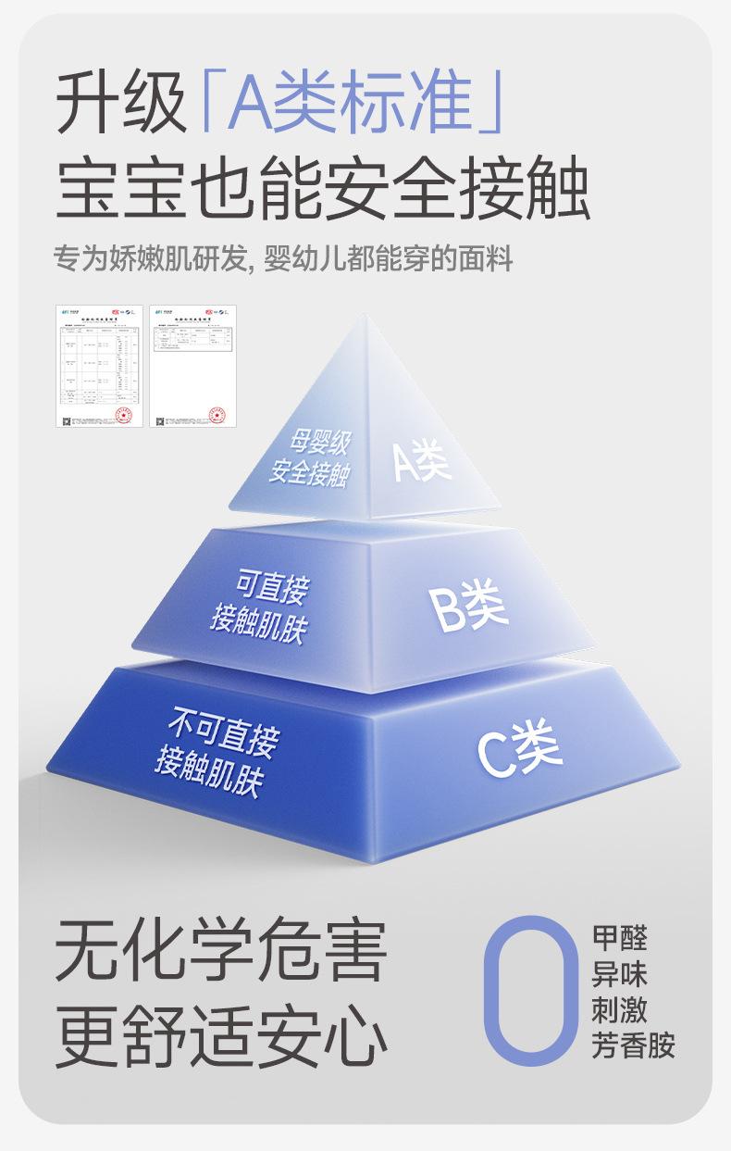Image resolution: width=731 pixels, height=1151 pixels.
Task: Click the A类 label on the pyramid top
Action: [x=422, y=460]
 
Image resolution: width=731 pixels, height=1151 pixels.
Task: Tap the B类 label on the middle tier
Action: [x=467, y=607]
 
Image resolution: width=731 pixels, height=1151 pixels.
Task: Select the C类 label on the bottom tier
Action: [x=519, y=749]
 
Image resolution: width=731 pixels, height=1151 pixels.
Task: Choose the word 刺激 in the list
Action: [x=619, y=1008]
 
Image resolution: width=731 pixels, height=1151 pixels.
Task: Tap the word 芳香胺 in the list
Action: [x=633, y=1045]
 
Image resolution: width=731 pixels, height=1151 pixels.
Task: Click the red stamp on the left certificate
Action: [x=123, y=413]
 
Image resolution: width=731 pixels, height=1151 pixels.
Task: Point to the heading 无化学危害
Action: [x=220, y=951]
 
